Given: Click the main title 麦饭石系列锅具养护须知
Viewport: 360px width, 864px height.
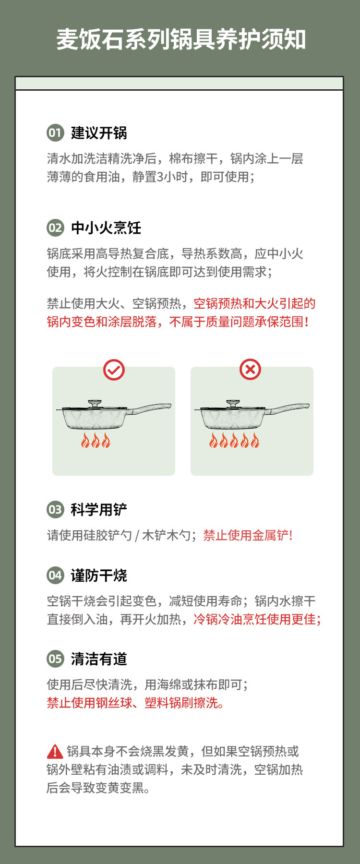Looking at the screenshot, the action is (181, 39).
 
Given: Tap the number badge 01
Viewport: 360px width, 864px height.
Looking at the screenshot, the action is (55, 133).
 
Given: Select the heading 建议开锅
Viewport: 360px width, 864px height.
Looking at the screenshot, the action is (99, 133).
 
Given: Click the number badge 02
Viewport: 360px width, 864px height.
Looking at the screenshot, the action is (55, 228).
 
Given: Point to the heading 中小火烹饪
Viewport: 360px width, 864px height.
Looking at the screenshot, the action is (106, 228).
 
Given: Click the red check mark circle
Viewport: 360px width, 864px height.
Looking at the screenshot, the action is (114, 370).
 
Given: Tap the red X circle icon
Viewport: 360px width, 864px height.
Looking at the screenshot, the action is (250, 370).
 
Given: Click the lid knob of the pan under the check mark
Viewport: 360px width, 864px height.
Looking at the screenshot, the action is (95, 402).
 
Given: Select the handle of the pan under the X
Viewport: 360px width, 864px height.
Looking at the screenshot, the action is (289, 408).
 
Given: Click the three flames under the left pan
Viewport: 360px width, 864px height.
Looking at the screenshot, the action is (96, 440).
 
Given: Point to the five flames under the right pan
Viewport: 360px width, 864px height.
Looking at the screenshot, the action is (234, 440).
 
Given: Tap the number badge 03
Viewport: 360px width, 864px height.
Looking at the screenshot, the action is (55, 510).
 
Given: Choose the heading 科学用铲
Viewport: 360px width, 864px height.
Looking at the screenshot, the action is (99, 510).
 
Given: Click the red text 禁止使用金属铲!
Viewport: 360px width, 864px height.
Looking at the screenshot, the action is (248, 535).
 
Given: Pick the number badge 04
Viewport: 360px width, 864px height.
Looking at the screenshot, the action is (55, 576).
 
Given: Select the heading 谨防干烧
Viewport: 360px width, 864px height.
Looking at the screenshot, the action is (99, 576).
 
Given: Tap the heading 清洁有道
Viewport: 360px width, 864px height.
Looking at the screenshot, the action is (99, 659).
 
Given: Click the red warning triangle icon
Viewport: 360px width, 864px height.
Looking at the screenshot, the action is (55, 751).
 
